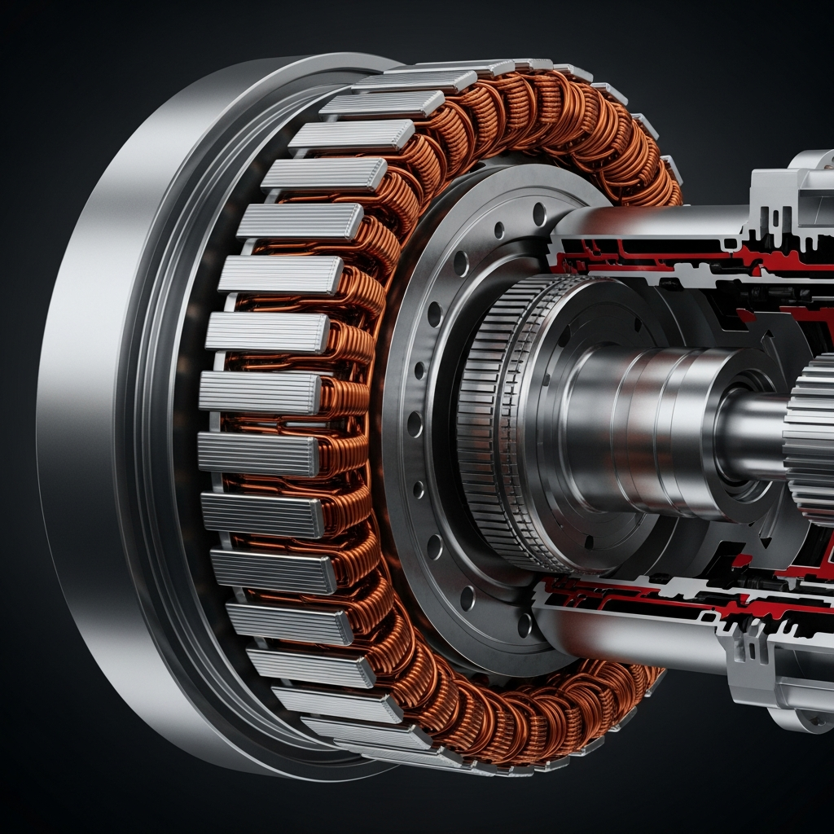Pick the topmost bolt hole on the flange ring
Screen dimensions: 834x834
(538, 213)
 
